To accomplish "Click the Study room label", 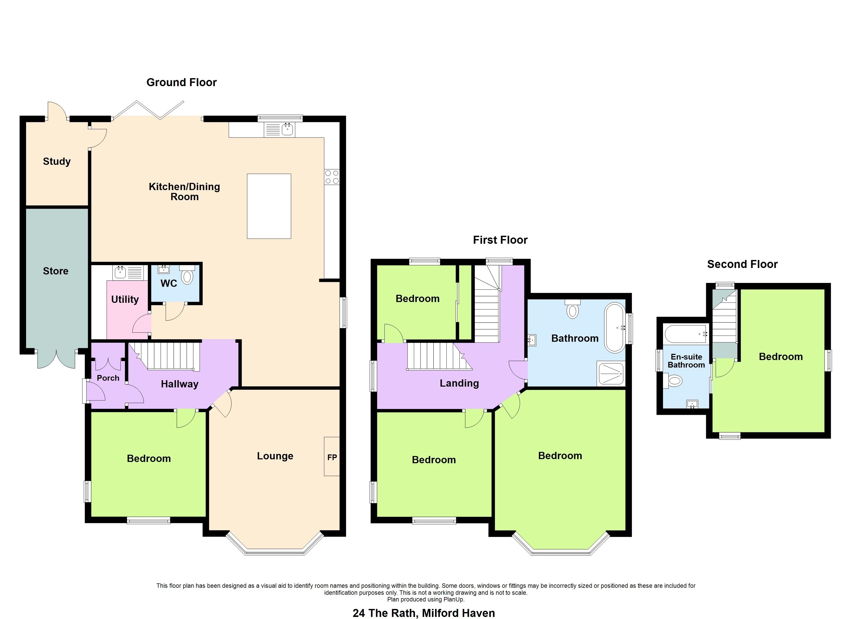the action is [x=57, y=161].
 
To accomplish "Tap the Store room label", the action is [x=56, y=271].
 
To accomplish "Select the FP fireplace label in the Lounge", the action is [x=332, y=457].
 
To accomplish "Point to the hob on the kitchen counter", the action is [x=332, y=177].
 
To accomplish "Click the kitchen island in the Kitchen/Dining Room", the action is [x=269, y=206].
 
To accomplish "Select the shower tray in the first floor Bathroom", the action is [x=611, y=373].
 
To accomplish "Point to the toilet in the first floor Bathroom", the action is [x=572, y=309].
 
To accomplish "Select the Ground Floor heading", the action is [x=182, y=83].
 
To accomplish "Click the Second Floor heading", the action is [x=742, y=264].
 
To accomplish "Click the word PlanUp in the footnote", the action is [x=454, y=599].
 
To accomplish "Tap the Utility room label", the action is [x=125, y=299].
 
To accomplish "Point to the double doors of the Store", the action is [x=56, y=359].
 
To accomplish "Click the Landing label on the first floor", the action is [x=459, y=383].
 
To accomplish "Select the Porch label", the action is [x=108, y=378].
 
